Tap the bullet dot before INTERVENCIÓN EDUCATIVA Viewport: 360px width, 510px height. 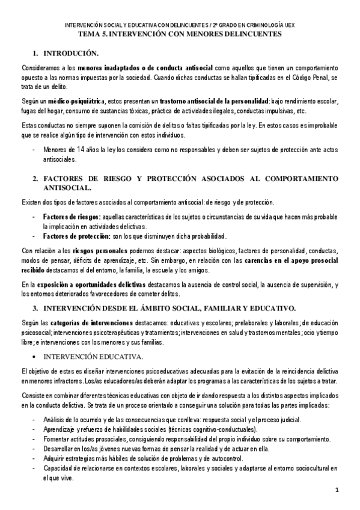click(35, 357)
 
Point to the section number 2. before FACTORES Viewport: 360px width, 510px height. click(36, 179)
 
